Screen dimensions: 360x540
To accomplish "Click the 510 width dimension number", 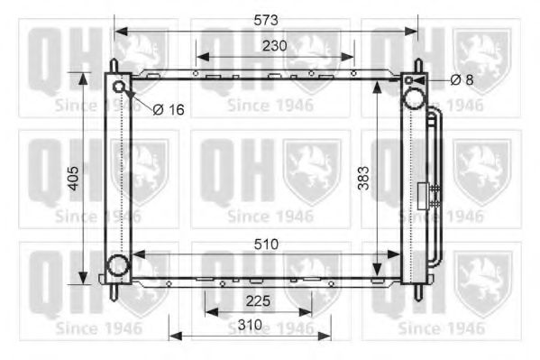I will coord(265,244).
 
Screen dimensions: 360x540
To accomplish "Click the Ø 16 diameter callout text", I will coord(168,109).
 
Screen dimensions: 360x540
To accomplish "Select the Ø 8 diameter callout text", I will coord(462,80).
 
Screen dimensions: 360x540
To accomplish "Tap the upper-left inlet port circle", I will coord(120,87).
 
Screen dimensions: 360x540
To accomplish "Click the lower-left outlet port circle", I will coord(117,265).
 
